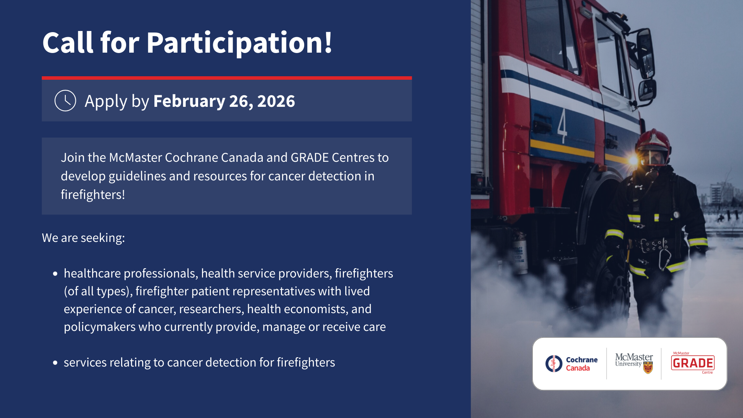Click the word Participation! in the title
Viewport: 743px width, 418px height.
click(239, 43)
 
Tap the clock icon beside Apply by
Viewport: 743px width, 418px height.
click(65, 101)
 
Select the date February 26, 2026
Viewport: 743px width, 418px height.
click(224, 101)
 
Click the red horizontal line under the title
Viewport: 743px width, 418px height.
click(227, 78)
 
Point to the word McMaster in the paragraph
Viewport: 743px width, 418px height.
click(135, 158)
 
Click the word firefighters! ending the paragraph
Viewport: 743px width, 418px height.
click(93, 195)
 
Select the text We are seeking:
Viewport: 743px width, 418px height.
click(83, 238)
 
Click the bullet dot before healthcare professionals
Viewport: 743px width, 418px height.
click(55, 274)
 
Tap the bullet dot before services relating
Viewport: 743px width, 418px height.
click(55, 363)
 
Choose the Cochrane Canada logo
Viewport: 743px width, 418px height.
click(572, 364)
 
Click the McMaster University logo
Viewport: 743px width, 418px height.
click(634, 363)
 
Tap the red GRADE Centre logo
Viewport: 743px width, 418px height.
click(693, 363)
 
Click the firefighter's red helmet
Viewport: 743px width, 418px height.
click(654, 141)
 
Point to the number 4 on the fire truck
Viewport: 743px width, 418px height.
click(562, 126)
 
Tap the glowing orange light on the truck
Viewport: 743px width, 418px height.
click(633, 160)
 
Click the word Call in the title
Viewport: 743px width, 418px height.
click(68, 42)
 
